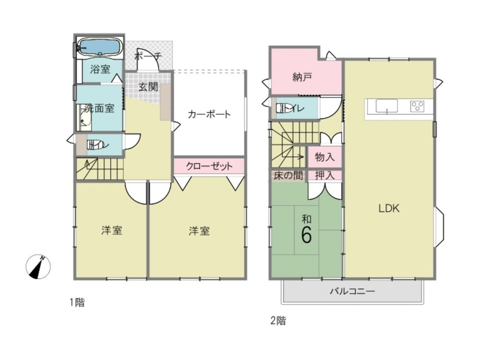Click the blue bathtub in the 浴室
[x=99, y=47]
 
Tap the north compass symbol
[x=38, y=266]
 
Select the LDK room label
[x=389, y=208]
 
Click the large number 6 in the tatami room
[x=306, y=235]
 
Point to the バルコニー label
[x=352, y=291]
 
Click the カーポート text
[x=209, y=115]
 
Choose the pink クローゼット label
[x=209, y=166]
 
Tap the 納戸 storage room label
[x=302, y=77]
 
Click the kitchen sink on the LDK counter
[x=386, y=106]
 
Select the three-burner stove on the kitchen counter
[x=418, y=106]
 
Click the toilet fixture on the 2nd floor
[x=283, y=108]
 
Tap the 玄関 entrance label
[x=148, y=87]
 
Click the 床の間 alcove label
[x=288, y=175]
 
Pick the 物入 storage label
[x=325, y=157]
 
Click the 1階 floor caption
[x=77, y=302]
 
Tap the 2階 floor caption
[x=278, y=321]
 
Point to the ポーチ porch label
[x=148, y=57]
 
